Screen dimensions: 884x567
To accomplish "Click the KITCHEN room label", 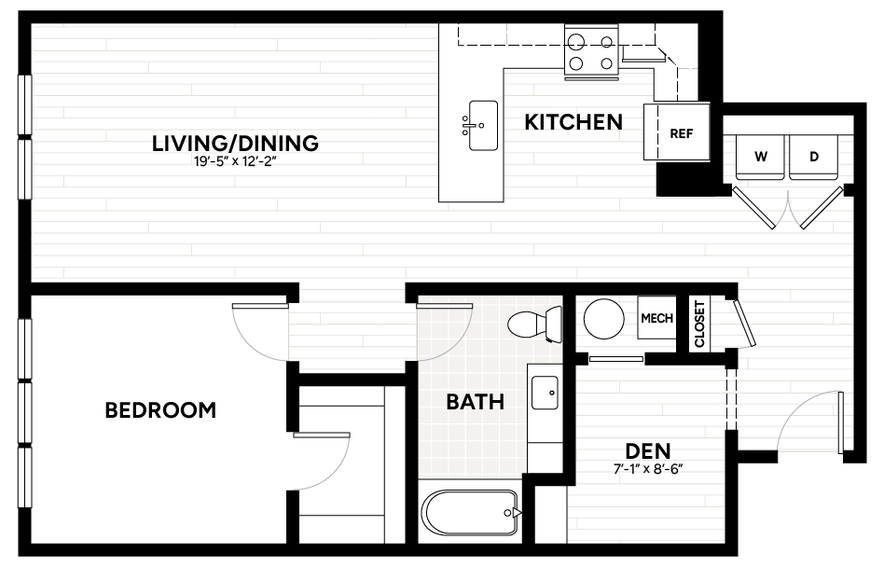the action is coord(573,122).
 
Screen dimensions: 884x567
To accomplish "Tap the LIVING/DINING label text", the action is coord(235,144).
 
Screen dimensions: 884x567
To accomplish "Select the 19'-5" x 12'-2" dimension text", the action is coord(235,162).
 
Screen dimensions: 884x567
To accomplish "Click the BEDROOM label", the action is coord(160,409).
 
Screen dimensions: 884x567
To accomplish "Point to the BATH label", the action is coord(476,402).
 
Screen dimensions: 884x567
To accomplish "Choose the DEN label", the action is coord(648,450).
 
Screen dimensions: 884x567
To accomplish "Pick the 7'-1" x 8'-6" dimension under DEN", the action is coord(648,469).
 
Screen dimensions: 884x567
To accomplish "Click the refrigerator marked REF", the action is coord(677,131).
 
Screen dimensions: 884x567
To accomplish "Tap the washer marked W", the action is coord(760,157).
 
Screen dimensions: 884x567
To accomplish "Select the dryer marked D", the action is coord(813,157).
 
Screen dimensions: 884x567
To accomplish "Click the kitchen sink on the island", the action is coord(483,126).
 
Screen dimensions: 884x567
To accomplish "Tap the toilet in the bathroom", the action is coord(535,325).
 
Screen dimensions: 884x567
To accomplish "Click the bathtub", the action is coord(470,513).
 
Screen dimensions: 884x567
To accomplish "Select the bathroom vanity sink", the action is coord(545,393).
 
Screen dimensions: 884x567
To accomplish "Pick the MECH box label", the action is coord(656,318).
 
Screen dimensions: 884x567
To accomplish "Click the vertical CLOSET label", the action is coord(699,324).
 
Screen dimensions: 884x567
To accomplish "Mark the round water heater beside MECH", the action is coord(604,319).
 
